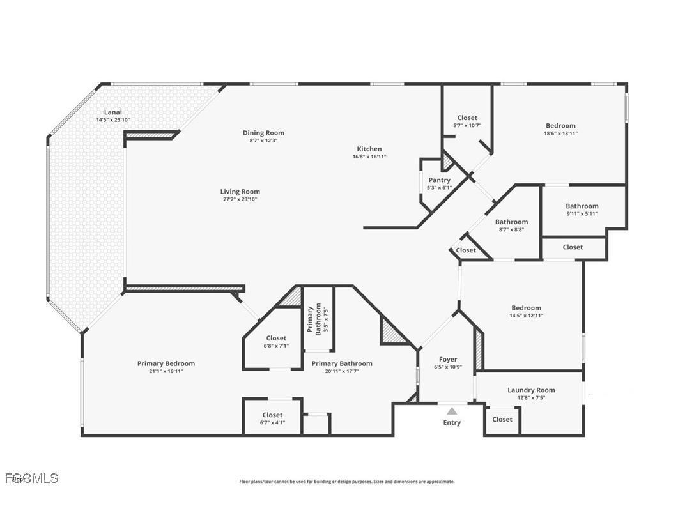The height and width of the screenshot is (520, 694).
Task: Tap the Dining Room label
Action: click(x=263, y=133)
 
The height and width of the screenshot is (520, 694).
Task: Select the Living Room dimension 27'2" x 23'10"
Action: click(x=240, y=199)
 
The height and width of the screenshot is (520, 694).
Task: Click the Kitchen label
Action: click(x=369, y=149)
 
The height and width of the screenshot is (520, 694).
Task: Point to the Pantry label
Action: click(x=440, y=180)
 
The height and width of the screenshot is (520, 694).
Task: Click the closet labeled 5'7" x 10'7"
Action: click(x=467, y=118)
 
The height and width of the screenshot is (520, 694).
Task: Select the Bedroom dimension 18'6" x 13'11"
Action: click(x=560, y=134)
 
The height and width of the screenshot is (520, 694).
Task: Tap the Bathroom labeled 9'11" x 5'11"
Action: click(x=582, y=206)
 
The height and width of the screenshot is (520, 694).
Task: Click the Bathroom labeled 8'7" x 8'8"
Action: click(x=511, y=222)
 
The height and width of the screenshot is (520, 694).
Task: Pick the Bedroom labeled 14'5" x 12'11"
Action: click(x=526, y=308)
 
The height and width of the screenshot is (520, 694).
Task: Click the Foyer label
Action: click(x=447, y=360)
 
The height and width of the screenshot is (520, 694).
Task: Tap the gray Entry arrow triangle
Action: click(x=452, y=411)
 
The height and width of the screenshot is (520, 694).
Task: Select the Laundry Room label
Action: click(x=531, y=390)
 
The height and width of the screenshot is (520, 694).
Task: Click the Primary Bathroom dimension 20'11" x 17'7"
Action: click(x=342, y=371)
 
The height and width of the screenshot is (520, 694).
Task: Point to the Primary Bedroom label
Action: click(x=166, y=363)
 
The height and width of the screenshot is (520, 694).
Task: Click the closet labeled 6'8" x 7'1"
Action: click(x=276, y=338)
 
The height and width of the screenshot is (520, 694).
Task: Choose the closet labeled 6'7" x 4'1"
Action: click(x=272, y=415)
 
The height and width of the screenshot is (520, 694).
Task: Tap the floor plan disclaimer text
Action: click(x=346, y=482)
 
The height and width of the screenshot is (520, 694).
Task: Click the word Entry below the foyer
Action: click(x=452, y=422)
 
